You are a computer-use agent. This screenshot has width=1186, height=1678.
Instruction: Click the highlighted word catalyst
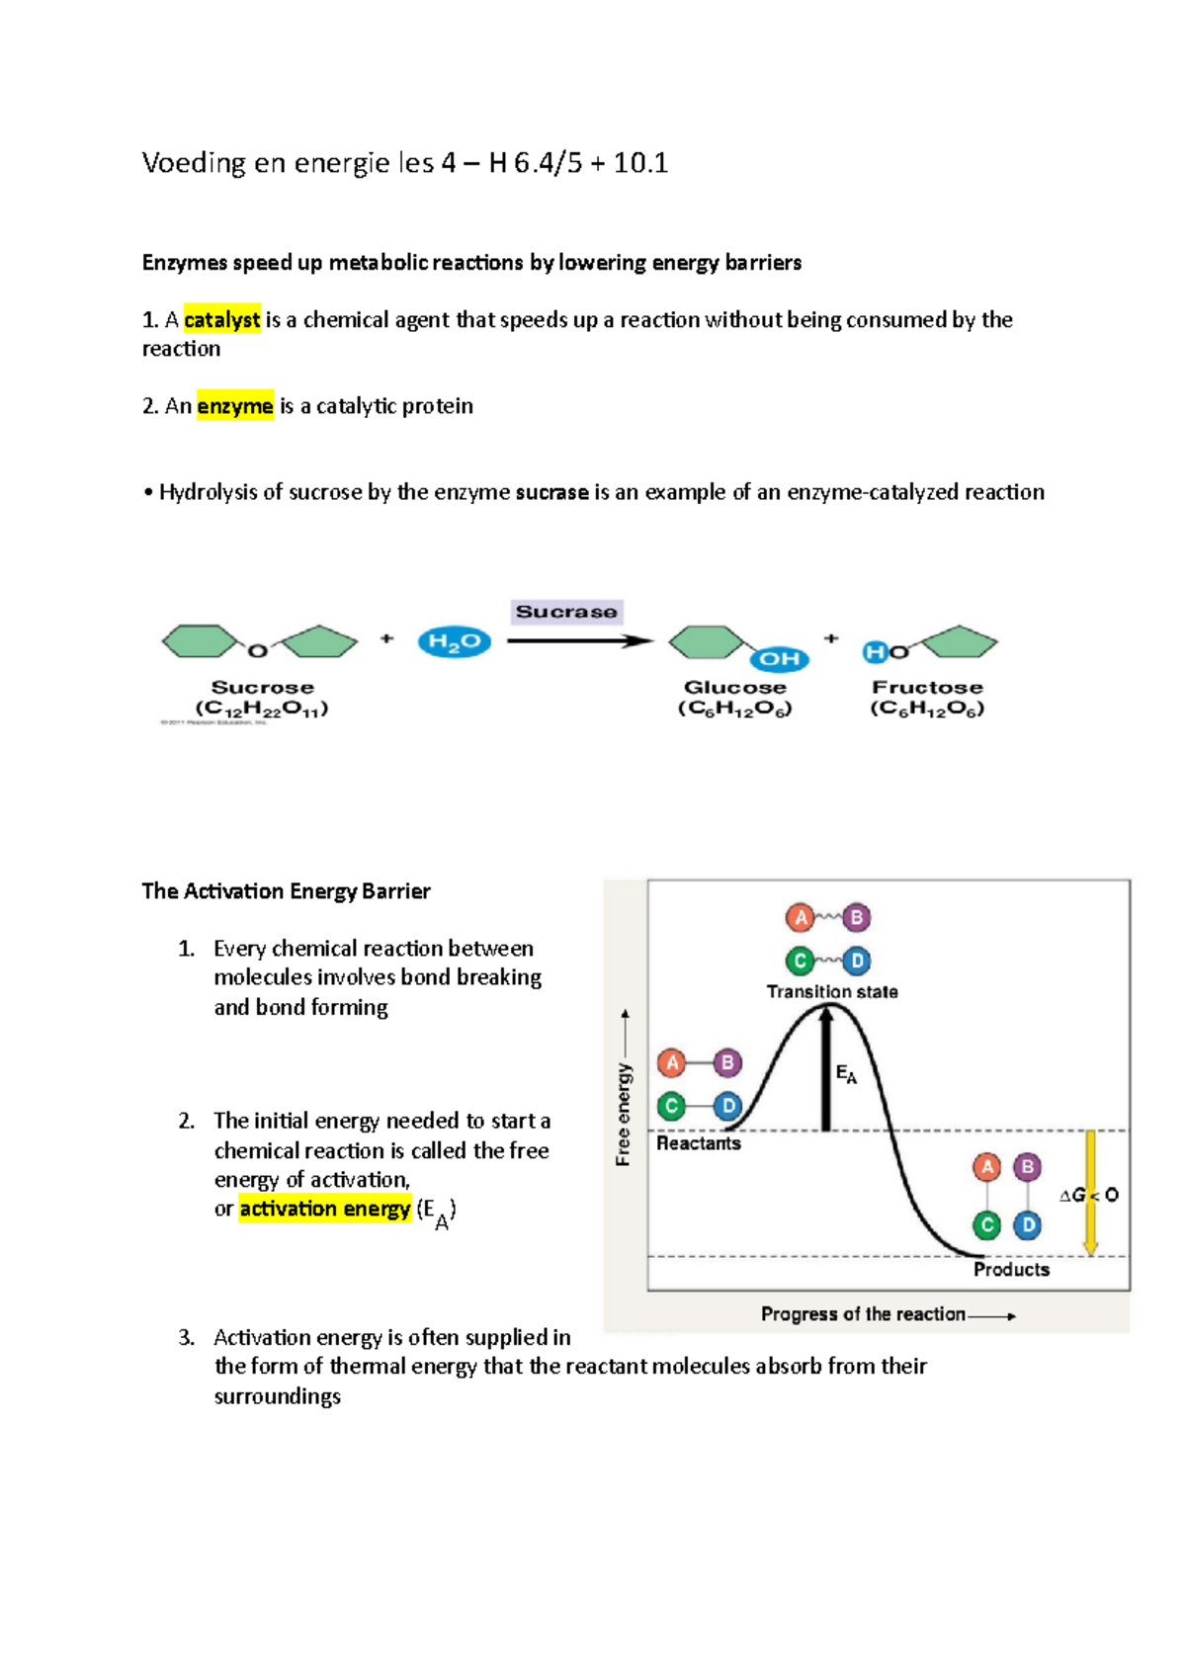pyautogui.click(x=221, y=319)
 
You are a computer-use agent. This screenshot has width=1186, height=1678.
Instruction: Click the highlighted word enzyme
pyautogui.click(x=234, y=406)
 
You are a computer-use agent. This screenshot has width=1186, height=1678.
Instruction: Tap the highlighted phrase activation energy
pyautogui.click(x=324, y=1209)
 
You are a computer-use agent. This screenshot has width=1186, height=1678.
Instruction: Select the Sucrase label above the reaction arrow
pyautogui.click(x=566, y=612)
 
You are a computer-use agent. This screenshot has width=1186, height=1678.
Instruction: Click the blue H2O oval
pyautogui.click(x=454, y=642)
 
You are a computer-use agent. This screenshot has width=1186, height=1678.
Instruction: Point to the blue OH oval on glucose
pyautogui.click(x=779, y=658)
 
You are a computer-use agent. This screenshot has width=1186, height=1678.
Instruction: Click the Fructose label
pyautogui.click(x=927, y=687)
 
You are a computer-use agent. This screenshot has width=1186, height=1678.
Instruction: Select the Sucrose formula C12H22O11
pyautogui.click(x=262, y=709)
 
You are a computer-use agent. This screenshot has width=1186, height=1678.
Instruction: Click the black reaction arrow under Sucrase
pyautogui.click(x=578, y=641)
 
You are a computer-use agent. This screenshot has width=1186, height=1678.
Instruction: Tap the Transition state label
pyautogui.click(x=832, y=991)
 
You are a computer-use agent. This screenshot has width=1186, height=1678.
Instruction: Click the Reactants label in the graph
pyautogui.click(x=699, y=1143)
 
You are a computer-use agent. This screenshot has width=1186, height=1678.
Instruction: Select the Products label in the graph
pyautogui.click(x=1011, y=1269)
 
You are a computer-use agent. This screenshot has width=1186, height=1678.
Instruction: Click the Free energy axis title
pyautogui.click(x=624, y=1114)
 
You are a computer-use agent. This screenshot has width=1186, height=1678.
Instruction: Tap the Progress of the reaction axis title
pyautogui.click(x=863, y=1314)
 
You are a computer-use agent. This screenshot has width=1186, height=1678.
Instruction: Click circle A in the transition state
pyautogui.click(x=801, y=918)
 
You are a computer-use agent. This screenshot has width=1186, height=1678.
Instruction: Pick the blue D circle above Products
pyautogui.click(x=1028, y=1225)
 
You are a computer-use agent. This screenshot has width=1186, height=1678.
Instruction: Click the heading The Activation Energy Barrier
pyautogui.click(x=286, y=891)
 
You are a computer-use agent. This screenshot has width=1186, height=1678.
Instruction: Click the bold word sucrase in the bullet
pyautogui.click(x=551, y=492)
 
